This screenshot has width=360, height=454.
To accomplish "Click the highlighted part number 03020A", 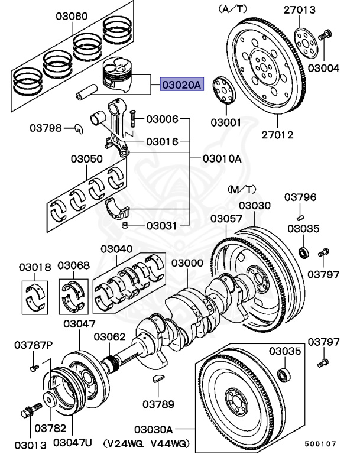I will pyautogui.click(x=181, y=85).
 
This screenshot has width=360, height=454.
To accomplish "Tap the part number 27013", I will pyautogui.click(x=316, y=9).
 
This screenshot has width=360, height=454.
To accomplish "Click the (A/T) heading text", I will pyautogui.click(x=233, y=9).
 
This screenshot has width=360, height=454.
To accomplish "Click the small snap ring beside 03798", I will pyautogui.click(x=78, y=127).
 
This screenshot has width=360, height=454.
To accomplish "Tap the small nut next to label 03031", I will pyautogui.click(x=125, y=225).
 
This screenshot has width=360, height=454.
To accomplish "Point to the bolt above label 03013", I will pyautogui.click(x=29, y=411).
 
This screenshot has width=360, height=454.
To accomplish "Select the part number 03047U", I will pyautogui.click(x=73, y=441).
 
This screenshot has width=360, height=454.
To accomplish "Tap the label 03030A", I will pyautogui.click(x=153, y=429).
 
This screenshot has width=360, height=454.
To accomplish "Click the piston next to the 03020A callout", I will pyautogui.click(x=122, y=75).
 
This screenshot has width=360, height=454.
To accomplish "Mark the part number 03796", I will pyautogui.click(x=301, y=197).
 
